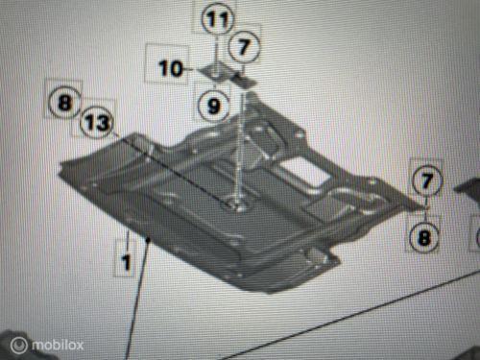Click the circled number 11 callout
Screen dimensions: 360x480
click(217, 18)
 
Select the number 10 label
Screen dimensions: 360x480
click(170, 68)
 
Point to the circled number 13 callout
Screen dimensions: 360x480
click(96, 122)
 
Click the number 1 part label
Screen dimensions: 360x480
click(126, 259)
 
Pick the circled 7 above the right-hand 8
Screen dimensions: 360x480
click(426, 179)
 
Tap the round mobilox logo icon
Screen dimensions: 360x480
click(18, 344)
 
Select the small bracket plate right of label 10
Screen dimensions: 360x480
click(214, 71)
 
